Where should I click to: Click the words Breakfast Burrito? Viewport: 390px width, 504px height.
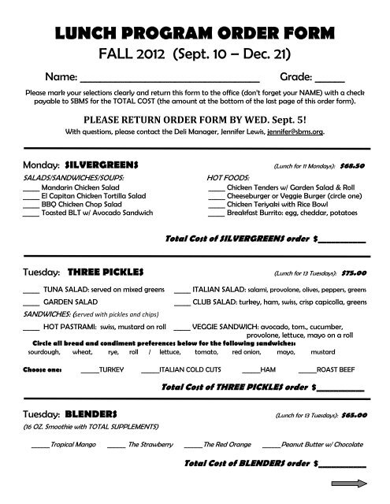point(254,213)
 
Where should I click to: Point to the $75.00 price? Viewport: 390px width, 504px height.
point(355,273)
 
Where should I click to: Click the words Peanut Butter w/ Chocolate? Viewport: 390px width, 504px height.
point(321,445)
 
